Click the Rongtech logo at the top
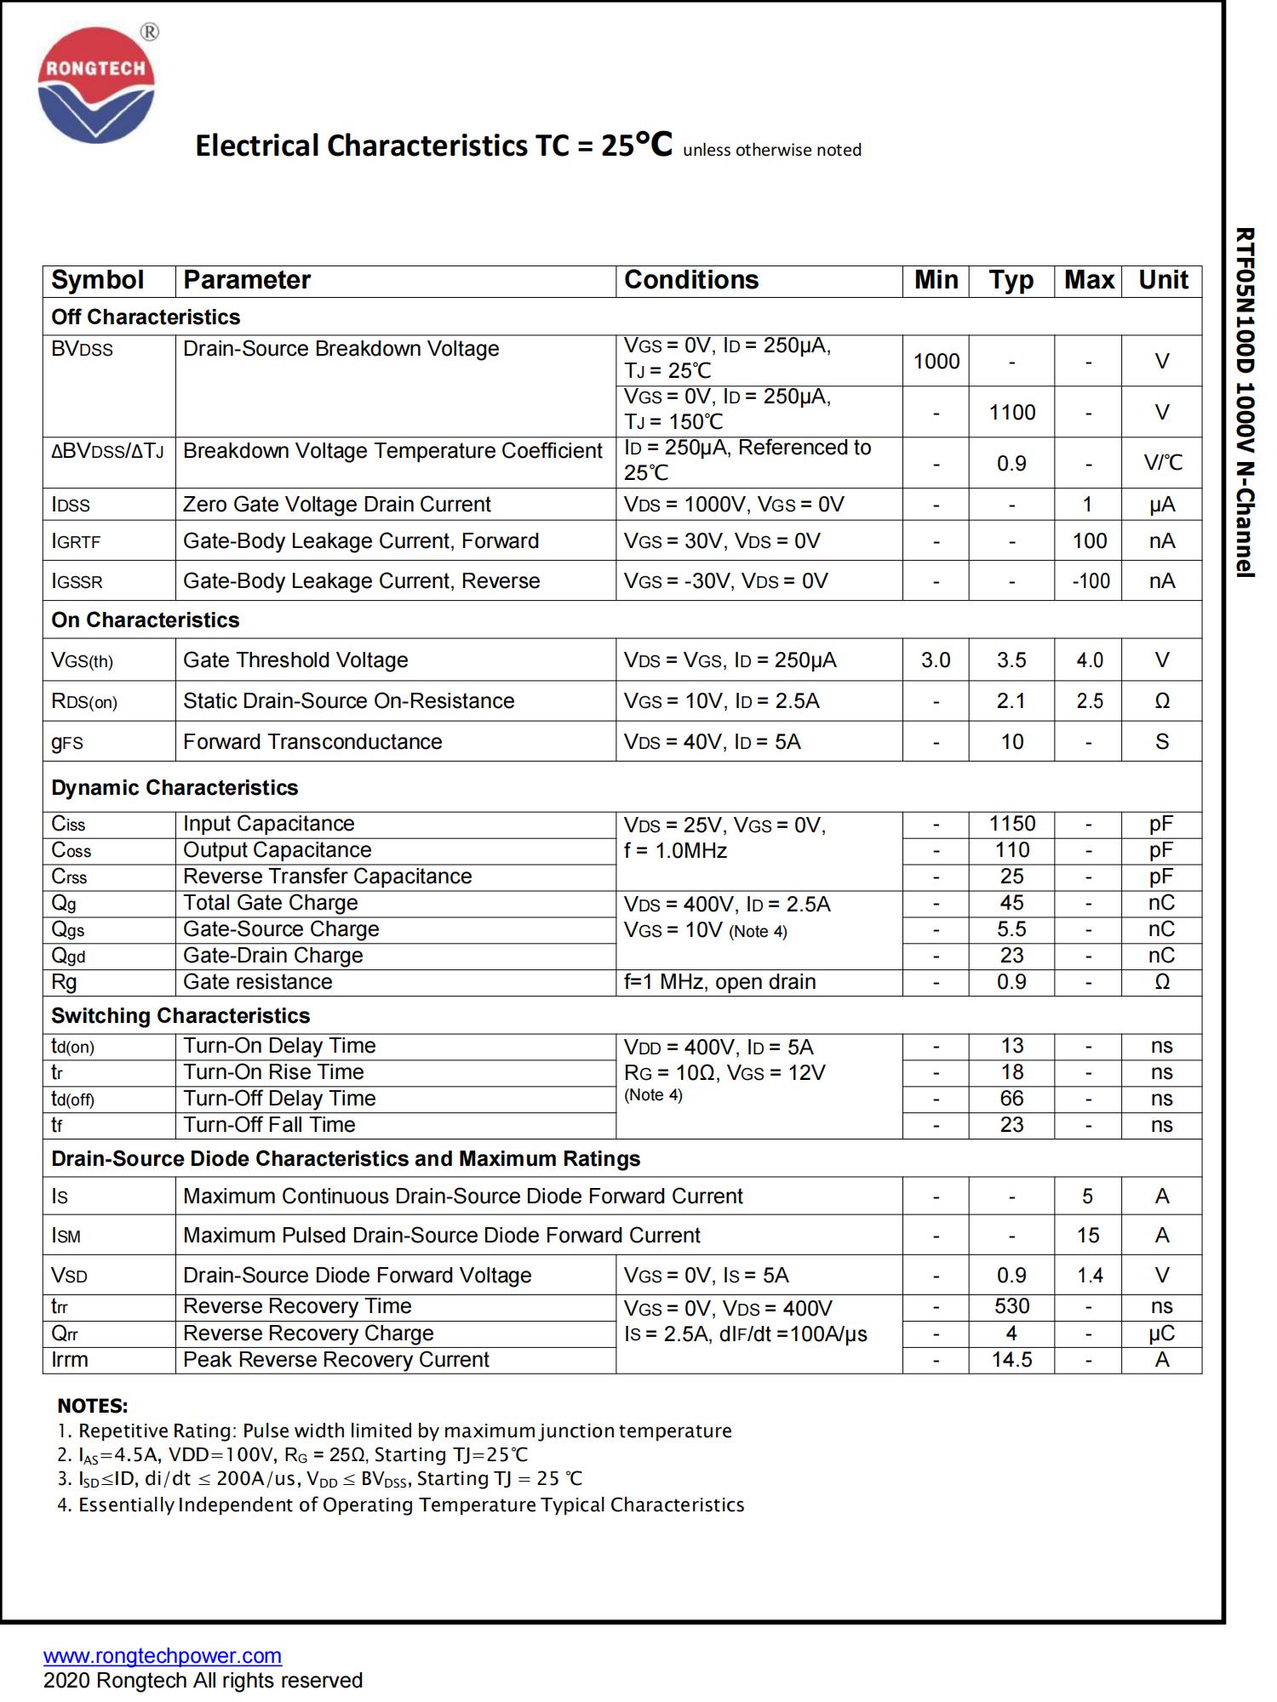point(96,85)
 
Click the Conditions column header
point(690,280)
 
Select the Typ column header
point(1011,280)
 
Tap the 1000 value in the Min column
point(936,362)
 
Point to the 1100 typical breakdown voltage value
point(1012,413)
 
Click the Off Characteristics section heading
point(146,317)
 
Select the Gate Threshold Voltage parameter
point(295,660)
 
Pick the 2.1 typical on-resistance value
point(1011,701)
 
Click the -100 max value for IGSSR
point(1090,581)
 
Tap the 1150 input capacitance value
point(1012,824)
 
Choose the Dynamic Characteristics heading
point(175,788)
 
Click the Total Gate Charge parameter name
point(270,903)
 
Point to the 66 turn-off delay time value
point(1011,1099)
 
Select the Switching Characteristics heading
point(180,1016)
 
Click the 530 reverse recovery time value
point(1011,1306)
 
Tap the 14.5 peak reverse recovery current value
point(1011,1360)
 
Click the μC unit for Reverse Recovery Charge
point(1161,1334)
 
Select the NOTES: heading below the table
point(93,1406)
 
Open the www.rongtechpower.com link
point(163,1656)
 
